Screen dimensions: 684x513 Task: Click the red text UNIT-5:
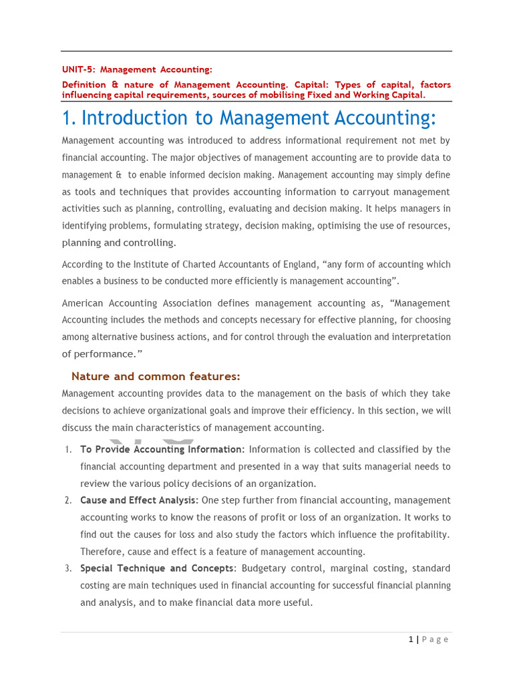[x=78, y=69]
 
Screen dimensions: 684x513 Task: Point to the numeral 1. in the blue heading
[x=69, y=118]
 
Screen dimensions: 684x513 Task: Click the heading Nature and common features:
[x=156, y=376]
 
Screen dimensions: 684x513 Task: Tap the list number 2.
[x=68, y=500]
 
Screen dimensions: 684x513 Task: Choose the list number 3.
[x=68, y=568]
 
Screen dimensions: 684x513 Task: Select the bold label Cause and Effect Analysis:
[x=139, y=500]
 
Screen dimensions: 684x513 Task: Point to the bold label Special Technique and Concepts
[x=158, y=568]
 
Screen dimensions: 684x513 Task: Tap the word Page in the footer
[x=436, y=639]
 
